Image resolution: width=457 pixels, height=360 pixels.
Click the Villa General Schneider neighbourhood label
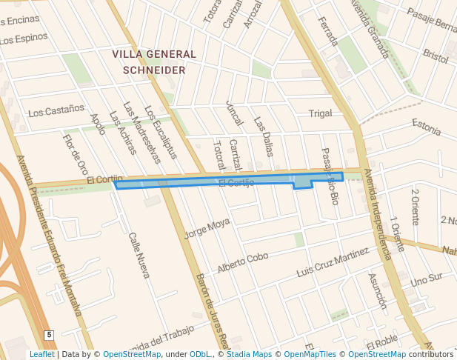(x=154, y=61)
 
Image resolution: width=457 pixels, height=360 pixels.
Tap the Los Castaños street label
(x=56, y=112)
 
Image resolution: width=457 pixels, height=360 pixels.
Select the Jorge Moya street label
(x=207, y=227)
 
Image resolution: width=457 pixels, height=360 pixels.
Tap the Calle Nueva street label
(x=139, y=256)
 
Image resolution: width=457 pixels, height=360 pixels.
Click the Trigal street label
(x=320, y=113)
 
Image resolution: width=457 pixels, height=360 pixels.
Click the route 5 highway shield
(x=49, y=336)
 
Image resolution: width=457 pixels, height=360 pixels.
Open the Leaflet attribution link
(x=42, y=354)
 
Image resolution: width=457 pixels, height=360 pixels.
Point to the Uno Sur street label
(x=426, y=280)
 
